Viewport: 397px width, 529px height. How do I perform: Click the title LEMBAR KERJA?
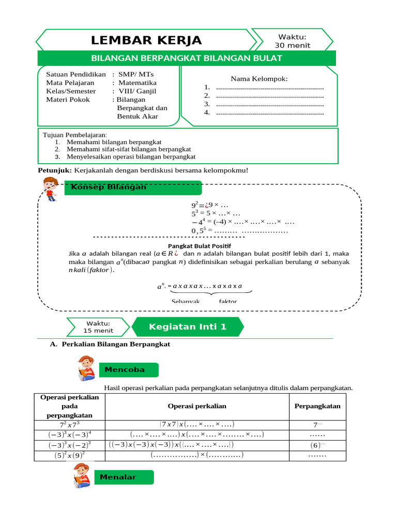(x=146, y=41)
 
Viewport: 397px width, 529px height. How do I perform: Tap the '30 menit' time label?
(x=293, y=45)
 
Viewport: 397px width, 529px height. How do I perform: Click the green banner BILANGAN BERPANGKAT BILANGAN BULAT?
(x=187, y=58)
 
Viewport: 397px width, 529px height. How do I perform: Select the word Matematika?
(x=137, y=83)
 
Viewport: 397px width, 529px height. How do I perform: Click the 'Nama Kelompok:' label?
(x=259, y=79)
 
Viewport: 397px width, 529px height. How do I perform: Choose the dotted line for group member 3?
(x=269, y=104)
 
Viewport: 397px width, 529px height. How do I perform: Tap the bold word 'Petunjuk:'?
(x=55, y=170)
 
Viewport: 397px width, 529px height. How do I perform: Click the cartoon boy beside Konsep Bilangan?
(x=50, y=189)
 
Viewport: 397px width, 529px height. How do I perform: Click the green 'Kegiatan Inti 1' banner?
(x=187, y=327)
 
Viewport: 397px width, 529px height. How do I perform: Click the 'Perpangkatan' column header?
(x=317, y=406)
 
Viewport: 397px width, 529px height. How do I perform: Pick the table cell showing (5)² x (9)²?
(x=69, y=455)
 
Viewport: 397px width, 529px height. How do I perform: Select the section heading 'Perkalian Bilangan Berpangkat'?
(x=115, y=344)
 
